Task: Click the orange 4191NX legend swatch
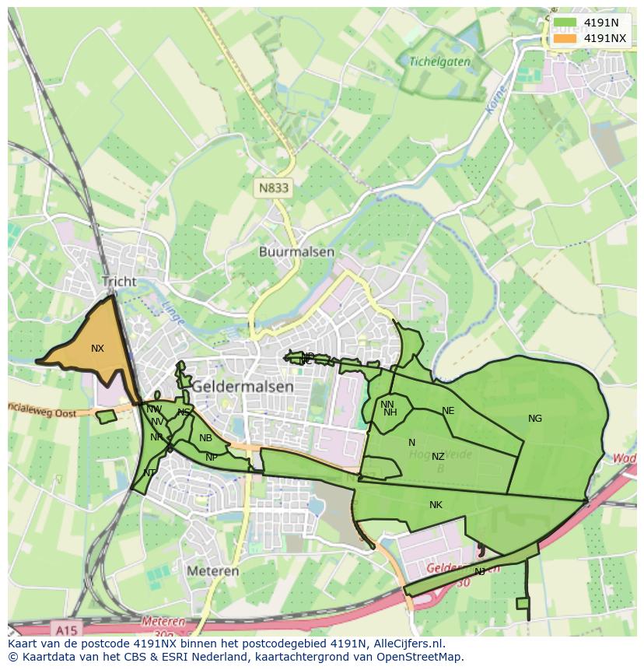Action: click(565, 38)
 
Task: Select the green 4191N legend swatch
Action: click(565, 23)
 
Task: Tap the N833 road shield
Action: click(273, 188)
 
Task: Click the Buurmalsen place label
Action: click(296, 252)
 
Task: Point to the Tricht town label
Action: click(118, 282)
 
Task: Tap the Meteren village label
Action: click(212, 571)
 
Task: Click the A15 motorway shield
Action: click(68, 626)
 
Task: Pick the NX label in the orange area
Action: click(97, 349)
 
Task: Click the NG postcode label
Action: click(535, 419)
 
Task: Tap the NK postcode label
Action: click(436, 505)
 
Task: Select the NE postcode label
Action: click(448, 411)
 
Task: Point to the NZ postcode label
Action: click(438, 457)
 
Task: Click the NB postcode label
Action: click(205, 438)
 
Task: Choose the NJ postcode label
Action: click(480, 572)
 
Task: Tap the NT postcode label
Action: click(149, 473)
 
